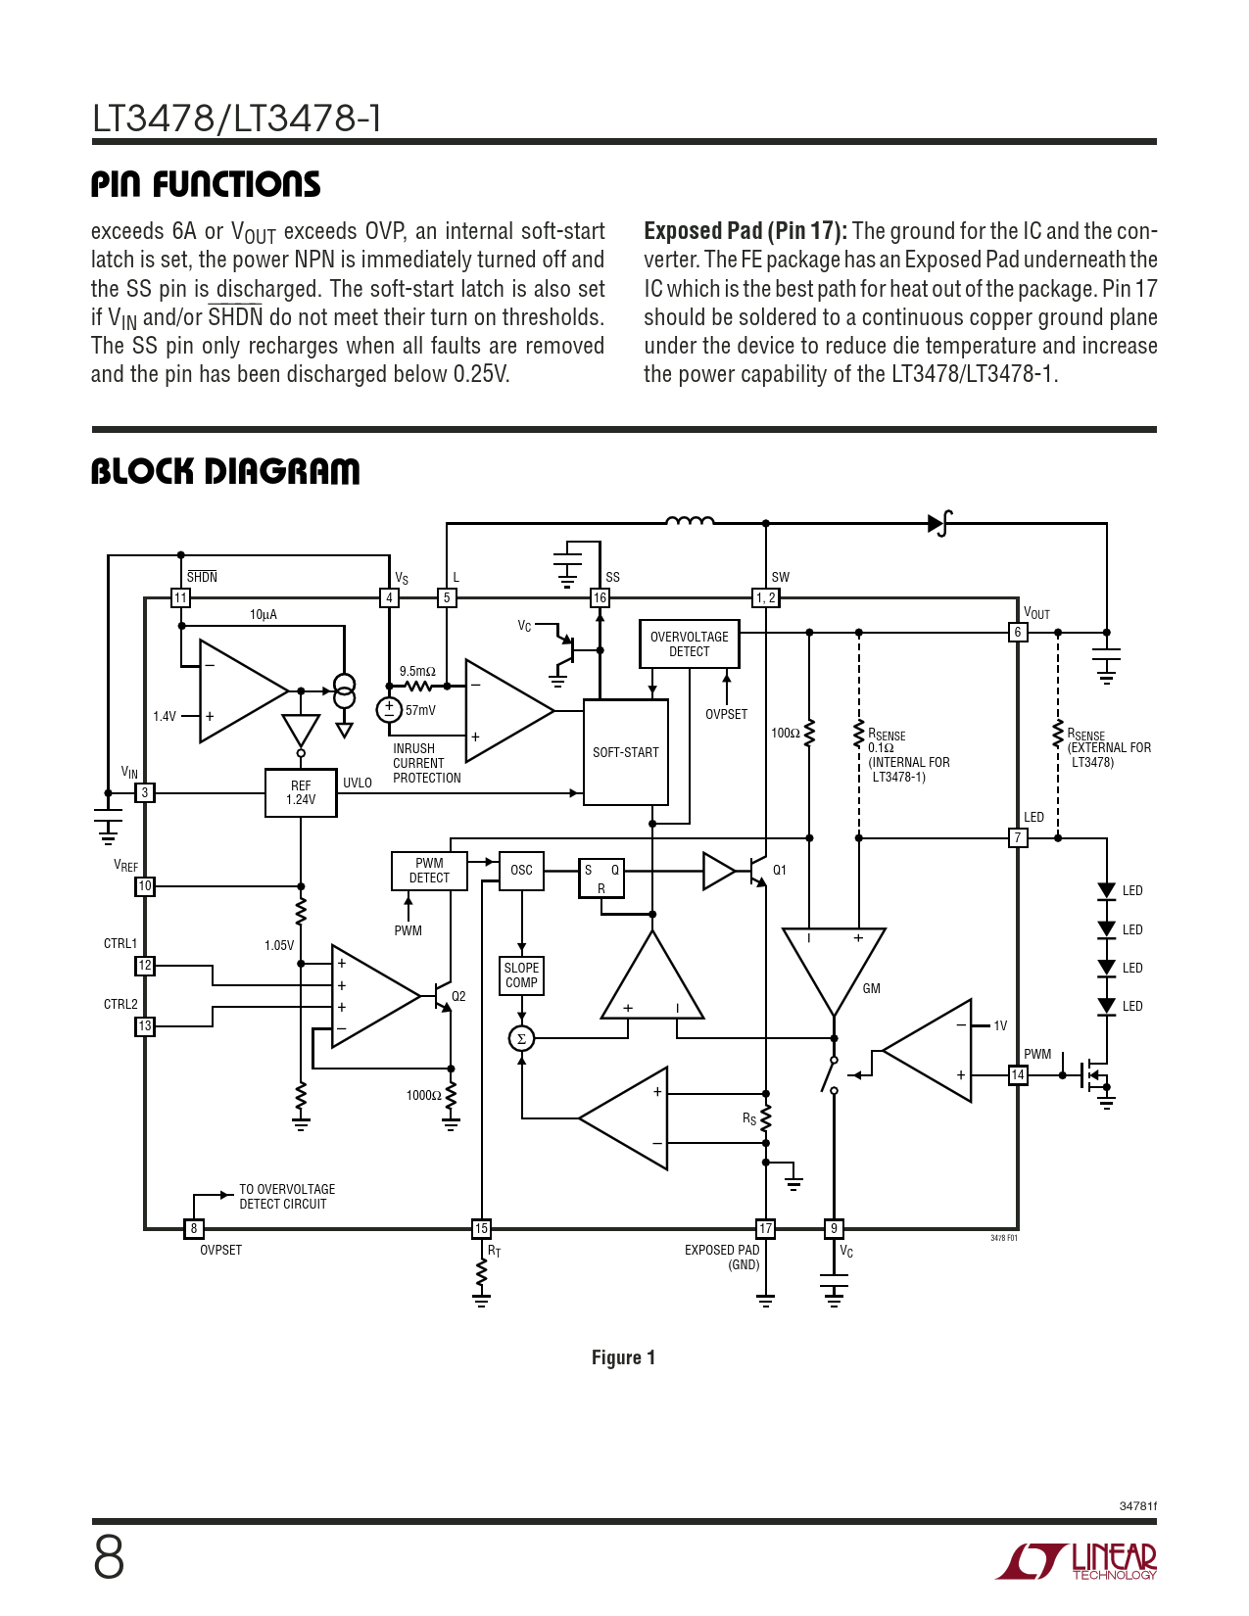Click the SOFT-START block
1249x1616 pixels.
click(x=626, y=752)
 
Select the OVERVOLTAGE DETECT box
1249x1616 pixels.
click(x=689, y=643)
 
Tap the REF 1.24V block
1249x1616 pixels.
click(x=301, y=792)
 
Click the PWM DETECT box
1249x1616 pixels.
click(x=429, y=871)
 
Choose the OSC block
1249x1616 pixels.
click(x=521, y=870)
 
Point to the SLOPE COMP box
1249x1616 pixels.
click(x=521, y=975)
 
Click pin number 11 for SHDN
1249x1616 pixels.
click(x=180, y=597)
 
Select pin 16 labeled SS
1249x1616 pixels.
click(x=600, y=597)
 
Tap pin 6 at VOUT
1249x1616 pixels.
click(x=1018, y=633)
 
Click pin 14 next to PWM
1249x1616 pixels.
click(x=1018, y=1075)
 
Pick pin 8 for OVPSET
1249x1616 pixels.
click(x=194, y=1228)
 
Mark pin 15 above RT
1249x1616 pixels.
click(x=481, y=1228)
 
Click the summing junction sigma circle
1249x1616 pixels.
click(x=521, y=1038)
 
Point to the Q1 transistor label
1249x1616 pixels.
click(x=780, y=870)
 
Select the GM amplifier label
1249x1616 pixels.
click(x=871, y=989)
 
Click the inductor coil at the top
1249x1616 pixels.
click(x=690, y=521)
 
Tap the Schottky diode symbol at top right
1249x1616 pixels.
click(x=938, y=523)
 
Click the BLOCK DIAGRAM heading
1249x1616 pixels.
click(x=225, y=471)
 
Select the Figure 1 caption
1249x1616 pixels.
click(x=623, y=1357)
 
